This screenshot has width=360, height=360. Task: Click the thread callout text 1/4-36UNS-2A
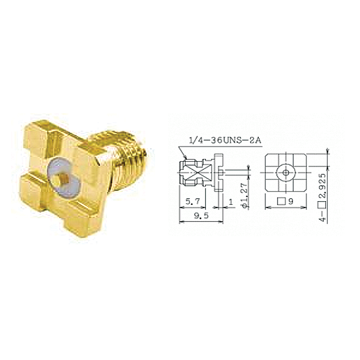coord(225,140)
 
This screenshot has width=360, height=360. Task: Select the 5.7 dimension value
coord(192,201)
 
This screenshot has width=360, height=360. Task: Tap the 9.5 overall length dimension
coord(201,216)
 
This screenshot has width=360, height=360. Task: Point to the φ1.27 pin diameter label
coord(245,195)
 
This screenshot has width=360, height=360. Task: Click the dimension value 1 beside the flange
coord(231,202)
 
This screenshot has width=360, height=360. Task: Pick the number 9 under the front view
coord(291,202)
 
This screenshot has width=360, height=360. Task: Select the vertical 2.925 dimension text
coord(323,186)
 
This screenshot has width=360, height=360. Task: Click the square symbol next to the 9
coord(281,202)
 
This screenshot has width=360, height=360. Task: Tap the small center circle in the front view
coord(286,172)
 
